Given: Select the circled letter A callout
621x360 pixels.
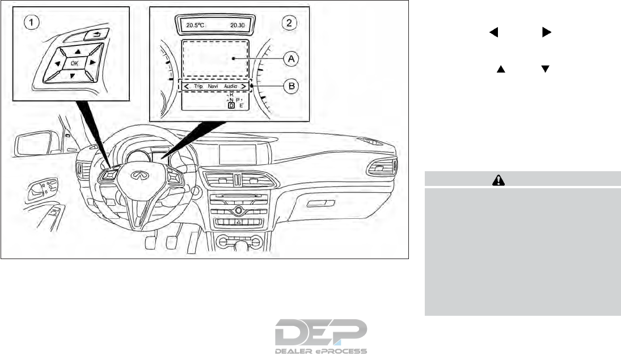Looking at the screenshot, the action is pos(292,58).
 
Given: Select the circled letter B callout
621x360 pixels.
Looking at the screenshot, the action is pos(292,86).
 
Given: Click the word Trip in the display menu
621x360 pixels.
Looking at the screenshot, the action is pos(198,86).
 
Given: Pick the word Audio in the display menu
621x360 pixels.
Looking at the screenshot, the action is pos(230,86).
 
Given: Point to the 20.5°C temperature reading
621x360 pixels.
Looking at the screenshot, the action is pos(195,25).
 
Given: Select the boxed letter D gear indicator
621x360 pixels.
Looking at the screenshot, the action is pos(231,105).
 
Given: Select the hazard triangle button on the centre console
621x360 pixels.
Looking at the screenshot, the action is pos(239,223).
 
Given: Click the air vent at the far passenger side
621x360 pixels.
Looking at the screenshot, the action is pos(385,168).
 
